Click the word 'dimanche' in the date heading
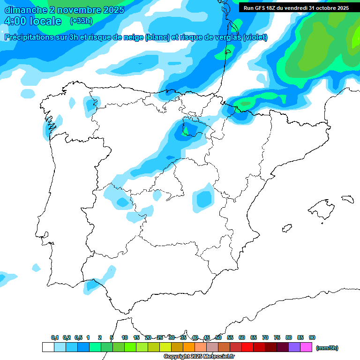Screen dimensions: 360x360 (x=23, y=10)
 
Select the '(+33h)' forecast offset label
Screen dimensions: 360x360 (x=81, y=21)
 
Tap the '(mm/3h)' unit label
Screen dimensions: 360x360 (x=327, y=348)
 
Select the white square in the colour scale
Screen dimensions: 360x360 (x=48, y=347)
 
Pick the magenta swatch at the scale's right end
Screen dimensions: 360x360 (x=306, y=347)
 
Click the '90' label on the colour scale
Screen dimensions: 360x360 (x=312, y=337)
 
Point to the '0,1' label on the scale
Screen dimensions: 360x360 (x=55, y=337)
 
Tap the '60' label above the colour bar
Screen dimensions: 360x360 (x=242, y=337)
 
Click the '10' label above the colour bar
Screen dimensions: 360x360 (x=125, y=337)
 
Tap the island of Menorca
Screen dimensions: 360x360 (x=347, y=199)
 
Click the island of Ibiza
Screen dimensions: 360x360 (x=286, y=229)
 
